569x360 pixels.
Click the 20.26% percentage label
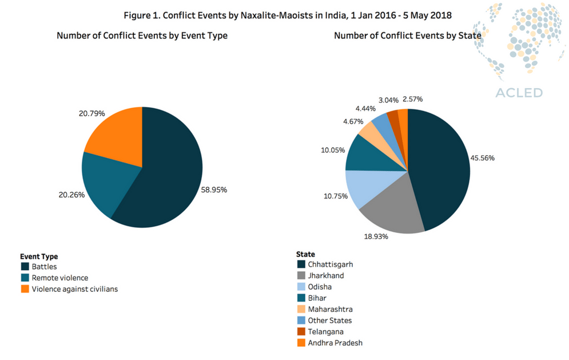[70, 195]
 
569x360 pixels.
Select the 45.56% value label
[482, 157]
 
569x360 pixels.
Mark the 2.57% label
[412, 99]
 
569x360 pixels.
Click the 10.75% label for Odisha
[332, 195]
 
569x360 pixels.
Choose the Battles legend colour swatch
[25, 267]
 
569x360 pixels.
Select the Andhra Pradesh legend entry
[335, 343]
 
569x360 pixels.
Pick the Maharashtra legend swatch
[301, 309]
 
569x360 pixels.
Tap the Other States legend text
[329, 321]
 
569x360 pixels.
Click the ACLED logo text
[519, 93]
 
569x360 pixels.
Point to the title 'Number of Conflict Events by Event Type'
[142, 35]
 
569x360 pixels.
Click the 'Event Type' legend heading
[39, 256]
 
